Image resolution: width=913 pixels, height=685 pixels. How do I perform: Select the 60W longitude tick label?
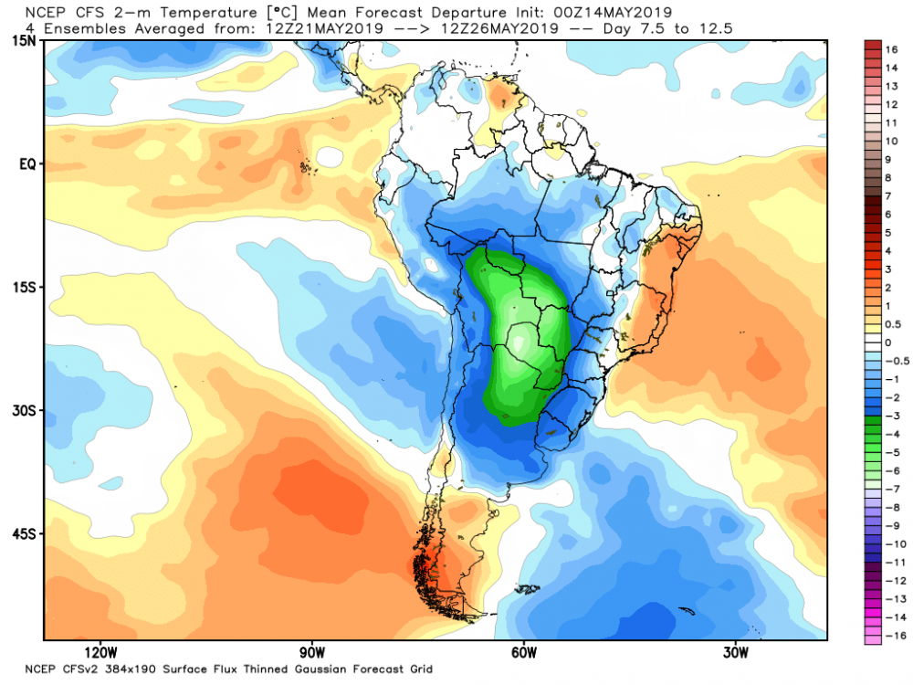pyautogui.click(x=523, y=652)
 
